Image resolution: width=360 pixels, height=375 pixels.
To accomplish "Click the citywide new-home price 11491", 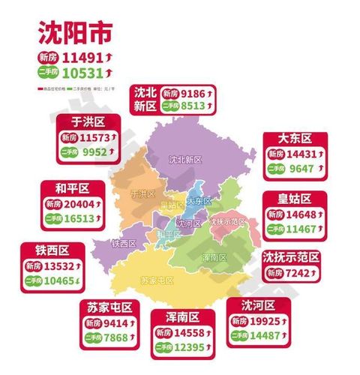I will tap(84, 56).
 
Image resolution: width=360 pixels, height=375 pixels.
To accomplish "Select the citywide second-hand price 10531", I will tap(84, 73).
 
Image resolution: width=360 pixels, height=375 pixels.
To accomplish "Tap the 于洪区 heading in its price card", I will tap(87, 121).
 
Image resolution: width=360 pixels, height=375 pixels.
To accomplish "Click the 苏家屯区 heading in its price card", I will tap(107, 308).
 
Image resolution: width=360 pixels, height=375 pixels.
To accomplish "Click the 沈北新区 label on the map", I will tap(185, 160).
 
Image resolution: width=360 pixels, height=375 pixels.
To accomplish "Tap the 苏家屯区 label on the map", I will tap(157, 280).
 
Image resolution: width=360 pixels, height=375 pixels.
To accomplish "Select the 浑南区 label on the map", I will tap(214, 256).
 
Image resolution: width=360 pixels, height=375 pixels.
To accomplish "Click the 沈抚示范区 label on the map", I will tap(227, 222).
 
